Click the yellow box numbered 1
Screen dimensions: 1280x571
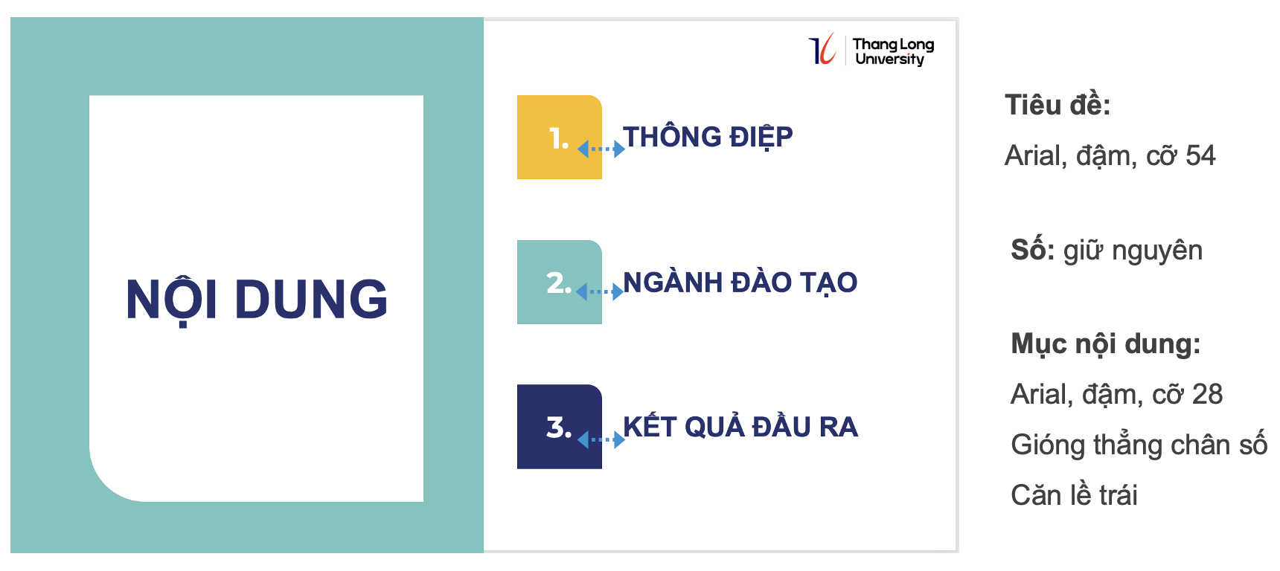(x=560, y=137)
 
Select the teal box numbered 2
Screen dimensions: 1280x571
(x=560, y=282)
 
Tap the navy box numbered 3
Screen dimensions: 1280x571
(x=560, y=427)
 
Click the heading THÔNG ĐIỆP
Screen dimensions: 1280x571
(x=708, y=137)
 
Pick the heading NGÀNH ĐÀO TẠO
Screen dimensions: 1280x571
(x=740, y=283)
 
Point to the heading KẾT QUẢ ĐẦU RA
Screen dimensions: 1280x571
(x=740, y=426)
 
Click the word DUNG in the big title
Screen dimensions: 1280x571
(x=311, y=300)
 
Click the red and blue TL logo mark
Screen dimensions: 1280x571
(x=822, y=49)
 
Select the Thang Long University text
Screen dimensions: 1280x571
(x=893, y=52)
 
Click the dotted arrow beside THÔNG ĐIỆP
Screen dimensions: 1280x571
(x=601, y=149)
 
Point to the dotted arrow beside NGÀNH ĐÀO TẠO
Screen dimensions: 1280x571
(x=600, y=292)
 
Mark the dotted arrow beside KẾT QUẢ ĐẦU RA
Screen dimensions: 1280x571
(x=601, y=440)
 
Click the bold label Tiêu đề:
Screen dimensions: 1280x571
(x=1057, y=105)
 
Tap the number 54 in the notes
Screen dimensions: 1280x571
(x=1200, y=155)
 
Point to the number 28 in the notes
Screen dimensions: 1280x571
(x=1207, y=394)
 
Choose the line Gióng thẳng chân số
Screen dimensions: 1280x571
(x=1139, y=445)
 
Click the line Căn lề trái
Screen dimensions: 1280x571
(x=1074, y=495)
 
